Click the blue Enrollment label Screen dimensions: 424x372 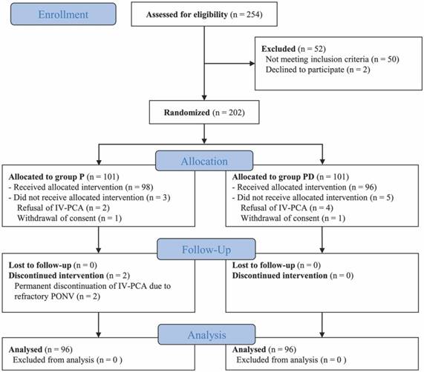pos(63,14)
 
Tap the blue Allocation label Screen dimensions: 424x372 pos(204,161)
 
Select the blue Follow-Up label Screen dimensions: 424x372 pos(206,249)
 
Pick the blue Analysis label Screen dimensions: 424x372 pos(206,334)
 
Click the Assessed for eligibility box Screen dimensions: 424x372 pos(204,14)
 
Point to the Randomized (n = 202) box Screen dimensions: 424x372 pos(204,112)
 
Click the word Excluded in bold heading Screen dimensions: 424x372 pos(278,49)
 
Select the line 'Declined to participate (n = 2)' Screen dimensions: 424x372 pos(318,70)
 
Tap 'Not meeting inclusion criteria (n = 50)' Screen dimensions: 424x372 pos(333,59)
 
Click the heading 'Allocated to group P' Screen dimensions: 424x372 pos(47,176)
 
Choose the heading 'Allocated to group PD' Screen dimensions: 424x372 pos(273,176)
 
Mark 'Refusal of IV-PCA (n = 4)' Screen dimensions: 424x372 pos(287,207)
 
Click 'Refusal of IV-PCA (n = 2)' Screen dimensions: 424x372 pos(63,207)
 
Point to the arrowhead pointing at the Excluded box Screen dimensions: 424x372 pos(252,64)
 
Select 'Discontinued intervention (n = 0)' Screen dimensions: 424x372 pos(293,276)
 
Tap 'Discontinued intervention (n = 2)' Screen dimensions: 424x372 pos(69,276)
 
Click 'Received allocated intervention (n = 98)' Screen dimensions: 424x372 pos(83,187)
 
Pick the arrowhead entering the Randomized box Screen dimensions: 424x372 pos(204,98)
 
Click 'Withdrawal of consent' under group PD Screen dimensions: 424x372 pos(280,218)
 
